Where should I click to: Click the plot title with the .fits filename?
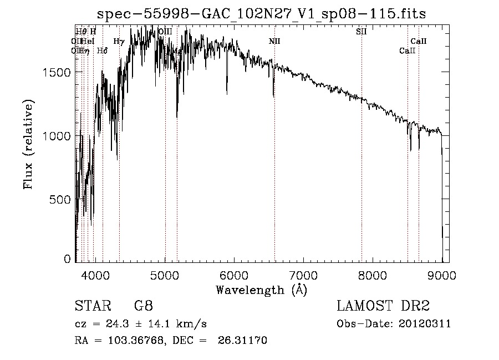[x=261, y=14]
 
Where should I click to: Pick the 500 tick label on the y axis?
[x=62, y=199]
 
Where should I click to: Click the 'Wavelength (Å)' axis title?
[x=261, y=290]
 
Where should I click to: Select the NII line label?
[x=274, y=42]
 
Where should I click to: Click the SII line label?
[x=361, y=32]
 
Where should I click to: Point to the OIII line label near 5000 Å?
[x=165, y=32]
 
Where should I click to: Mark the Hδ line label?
[x=102, y=51]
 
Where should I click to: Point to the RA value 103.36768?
[x=133, y=341]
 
